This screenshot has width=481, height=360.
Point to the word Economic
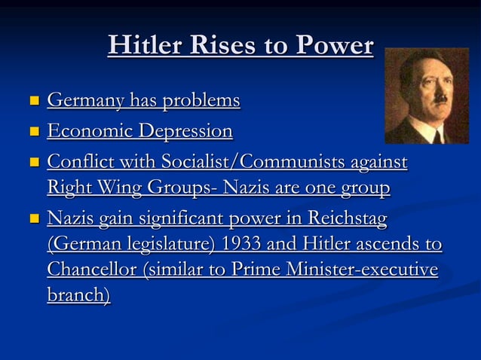point(84,131)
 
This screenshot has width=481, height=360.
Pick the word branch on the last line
point(76,295)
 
